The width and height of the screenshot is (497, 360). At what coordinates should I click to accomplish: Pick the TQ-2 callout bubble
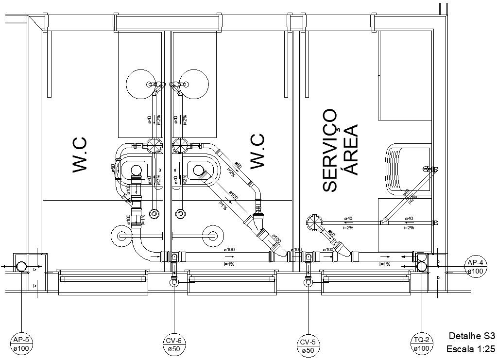[x=421, y=343]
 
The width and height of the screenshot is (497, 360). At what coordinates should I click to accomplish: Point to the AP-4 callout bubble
[x=475, y=266]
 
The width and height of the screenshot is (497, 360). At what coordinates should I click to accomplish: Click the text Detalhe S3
[x=471, y=336]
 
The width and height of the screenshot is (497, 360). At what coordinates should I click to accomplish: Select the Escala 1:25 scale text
[x=470, y=349]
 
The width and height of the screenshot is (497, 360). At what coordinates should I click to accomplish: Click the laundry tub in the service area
[x=407, y=170]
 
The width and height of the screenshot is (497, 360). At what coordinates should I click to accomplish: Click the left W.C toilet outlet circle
[x=137, y=170]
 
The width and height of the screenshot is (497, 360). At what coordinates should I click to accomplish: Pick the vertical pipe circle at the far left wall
[x=22, y=266]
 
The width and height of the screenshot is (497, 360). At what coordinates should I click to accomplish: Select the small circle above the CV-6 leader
[x=174, y=281]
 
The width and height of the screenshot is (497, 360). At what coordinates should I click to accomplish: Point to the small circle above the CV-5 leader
[x=308, y=281]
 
